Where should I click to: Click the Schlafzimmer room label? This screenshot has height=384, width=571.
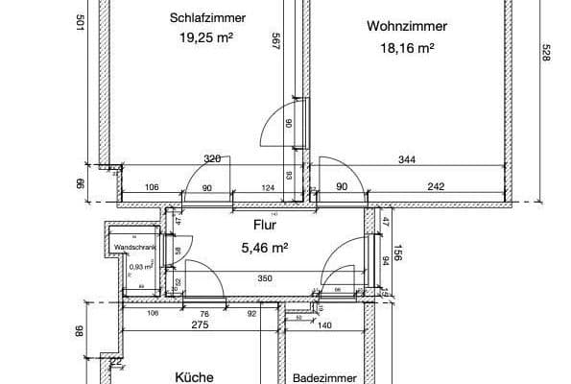[x=207, y=18]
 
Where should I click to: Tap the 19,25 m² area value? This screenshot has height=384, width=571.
[x=207, y=38]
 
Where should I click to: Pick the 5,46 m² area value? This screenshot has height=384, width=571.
[x=266, y=247]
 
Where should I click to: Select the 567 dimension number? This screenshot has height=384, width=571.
[x=275, y=43]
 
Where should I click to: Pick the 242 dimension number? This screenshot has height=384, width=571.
[x=436, y=187]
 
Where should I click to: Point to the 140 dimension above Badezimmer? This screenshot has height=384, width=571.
[x=324, y=325]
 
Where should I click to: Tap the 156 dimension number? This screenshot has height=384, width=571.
[x=395, y=253]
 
